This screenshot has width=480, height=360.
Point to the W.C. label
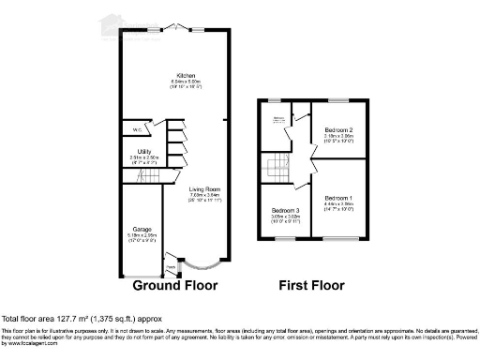click(x=137, y=129)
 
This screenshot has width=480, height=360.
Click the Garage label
click(x=142, y=228)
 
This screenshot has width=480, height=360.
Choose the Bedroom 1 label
click(x=338, y=199)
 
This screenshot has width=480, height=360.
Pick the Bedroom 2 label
click(x=338, y=128)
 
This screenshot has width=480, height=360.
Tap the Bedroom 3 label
click(x=286, y=211)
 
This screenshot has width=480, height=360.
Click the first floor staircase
click(x=277, y=169)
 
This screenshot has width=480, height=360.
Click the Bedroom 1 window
click(x=339, y=240)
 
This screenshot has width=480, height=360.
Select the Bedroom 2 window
click(x=339, y=98)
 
